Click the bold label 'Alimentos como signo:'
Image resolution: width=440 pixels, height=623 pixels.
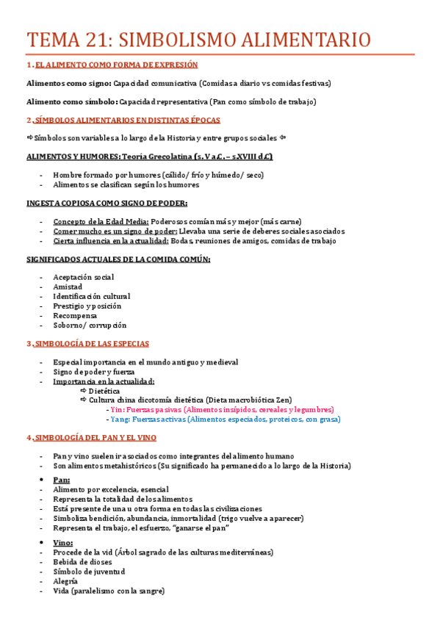(x=68, y=83)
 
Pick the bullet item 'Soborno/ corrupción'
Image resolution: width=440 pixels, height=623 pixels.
(x=90, y=325)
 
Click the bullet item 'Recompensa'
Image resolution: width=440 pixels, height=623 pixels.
(x=74, y=315)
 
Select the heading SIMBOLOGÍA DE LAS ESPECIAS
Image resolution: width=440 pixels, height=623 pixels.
(x=91, y=343)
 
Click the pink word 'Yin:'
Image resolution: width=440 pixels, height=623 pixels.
(x=117, y=410)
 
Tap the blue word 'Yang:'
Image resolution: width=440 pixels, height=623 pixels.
(x=119, y=419)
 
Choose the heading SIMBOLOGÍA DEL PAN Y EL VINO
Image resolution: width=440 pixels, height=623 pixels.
(x=95, y=438)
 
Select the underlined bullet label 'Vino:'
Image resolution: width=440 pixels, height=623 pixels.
(x=62, y=543)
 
